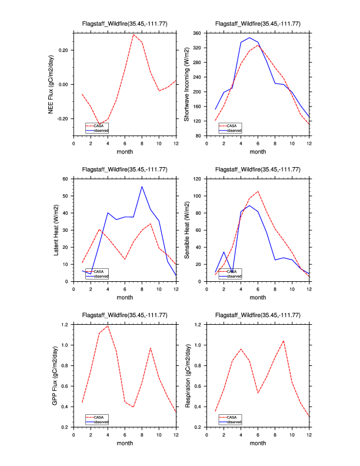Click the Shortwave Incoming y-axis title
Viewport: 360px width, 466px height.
[x=187, y=84]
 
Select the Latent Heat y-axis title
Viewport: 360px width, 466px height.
[x=56, y=229]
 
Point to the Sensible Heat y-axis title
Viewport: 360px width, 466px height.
[x=187, y=229]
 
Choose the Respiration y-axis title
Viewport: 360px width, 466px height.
[x=187, y=375]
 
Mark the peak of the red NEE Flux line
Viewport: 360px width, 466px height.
[x=134, y=34]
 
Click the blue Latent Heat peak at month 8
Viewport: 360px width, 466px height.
[x=142, y=187]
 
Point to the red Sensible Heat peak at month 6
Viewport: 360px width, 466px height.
[x=258, y=191]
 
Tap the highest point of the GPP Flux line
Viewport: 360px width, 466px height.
[x=108, y=325]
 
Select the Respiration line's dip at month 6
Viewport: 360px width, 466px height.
[x=258, y=393]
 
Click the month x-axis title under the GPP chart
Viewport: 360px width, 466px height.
[x=125, y=443]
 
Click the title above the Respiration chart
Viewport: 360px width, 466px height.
[x=258, y=315]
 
